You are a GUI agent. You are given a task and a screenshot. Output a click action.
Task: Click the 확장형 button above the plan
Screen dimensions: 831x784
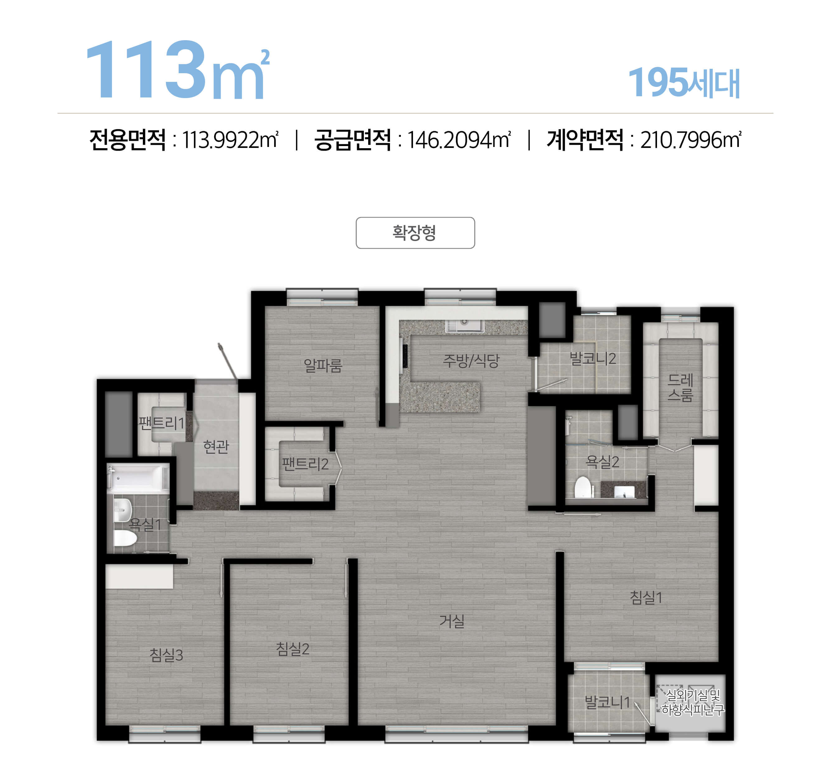[x=415, y=233]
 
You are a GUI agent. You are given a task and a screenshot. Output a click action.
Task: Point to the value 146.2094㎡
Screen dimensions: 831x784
[x=458, y=140]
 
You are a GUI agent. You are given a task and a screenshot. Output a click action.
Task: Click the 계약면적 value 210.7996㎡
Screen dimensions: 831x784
[x=691, y=140]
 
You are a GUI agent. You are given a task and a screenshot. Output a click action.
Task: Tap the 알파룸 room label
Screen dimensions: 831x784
[x=323, y=366]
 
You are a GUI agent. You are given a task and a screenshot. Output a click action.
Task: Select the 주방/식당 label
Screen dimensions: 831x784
[x=471, y=361]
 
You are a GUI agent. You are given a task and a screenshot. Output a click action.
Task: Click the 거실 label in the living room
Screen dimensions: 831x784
[x=452, y=621]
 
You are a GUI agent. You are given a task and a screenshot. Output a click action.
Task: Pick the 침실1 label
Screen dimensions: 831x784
[x=646, y=597]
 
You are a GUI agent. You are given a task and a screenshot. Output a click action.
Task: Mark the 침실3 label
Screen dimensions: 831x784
[x=167, y=655]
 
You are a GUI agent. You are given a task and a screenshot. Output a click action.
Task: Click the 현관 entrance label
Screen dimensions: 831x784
[x=216, y=446]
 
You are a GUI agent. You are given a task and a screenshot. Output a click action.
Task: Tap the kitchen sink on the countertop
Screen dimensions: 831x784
[x=464, y=326]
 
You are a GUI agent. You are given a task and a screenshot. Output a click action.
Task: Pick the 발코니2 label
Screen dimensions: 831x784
[x=593, y=358]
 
